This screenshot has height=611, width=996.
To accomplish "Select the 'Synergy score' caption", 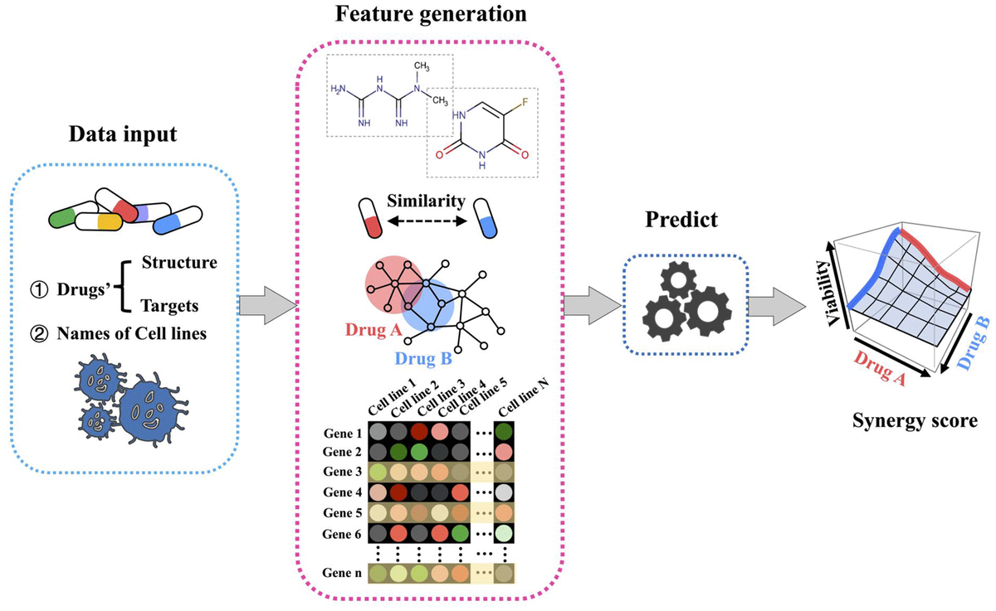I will point(914,421).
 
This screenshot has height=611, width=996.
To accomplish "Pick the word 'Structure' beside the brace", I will point(179,263).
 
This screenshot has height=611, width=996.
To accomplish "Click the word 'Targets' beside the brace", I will point(170,305).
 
